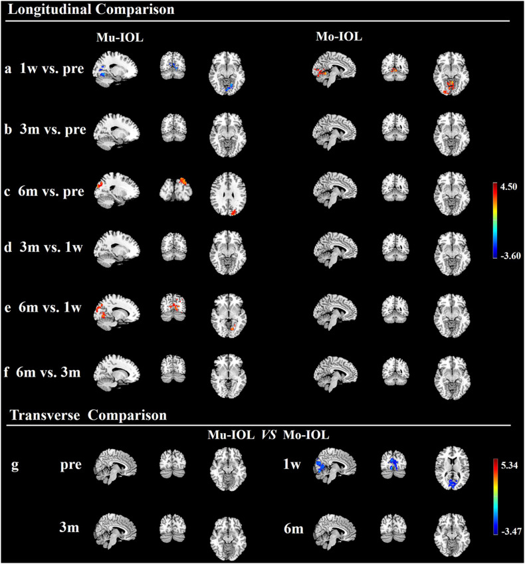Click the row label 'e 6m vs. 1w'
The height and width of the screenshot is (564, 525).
[x=45, y=312]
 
